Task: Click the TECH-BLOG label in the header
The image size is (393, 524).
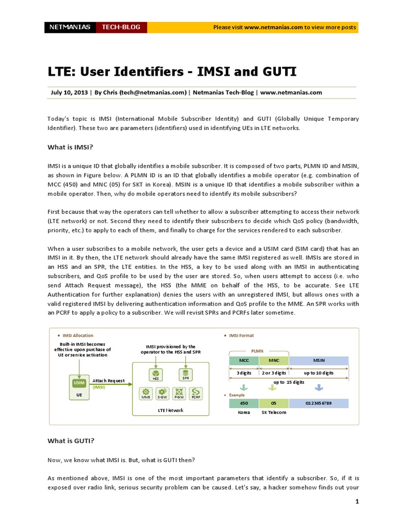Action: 121,27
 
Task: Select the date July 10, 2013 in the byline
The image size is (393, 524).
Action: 69,93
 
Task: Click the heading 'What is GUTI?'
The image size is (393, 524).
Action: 71,441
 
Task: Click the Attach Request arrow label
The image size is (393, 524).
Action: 108,381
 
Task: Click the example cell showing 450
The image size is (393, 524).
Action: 244,403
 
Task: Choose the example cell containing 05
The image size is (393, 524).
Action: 274,403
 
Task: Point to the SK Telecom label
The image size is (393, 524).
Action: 274,412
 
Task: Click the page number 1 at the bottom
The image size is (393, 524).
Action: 357,502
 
